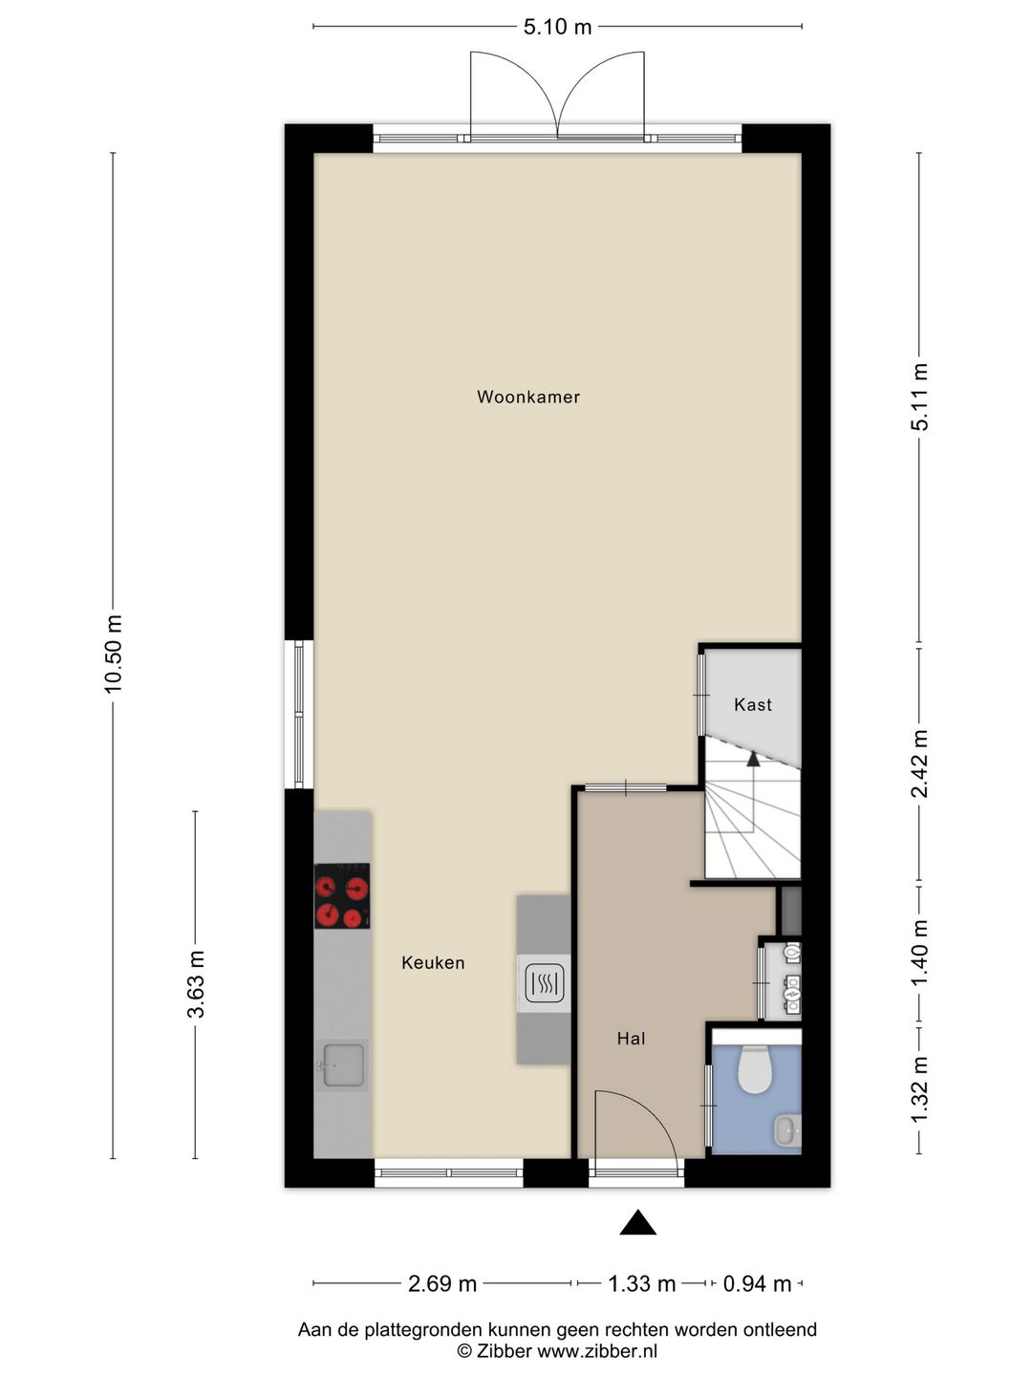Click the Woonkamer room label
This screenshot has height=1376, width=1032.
tap(528, 397)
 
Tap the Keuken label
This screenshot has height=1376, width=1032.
tap(433, 963)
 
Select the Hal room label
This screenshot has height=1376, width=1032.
tap(631, 1039)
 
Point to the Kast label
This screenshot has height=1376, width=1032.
tap(752, 704)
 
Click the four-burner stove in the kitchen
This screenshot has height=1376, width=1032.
tap(342, 896)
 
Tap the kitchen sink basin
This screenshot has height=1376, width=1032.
tap(342, 1064)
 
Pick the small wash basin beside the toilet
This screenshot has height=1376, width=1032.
tap(786, 1130)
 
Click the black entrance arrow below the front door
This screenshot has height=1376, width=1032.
tap(637, 1223)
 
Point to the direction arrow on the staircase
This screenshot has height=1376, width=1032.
tap(753, 760)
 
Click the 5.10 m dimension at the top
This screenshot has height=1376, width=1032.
tap(557, 27)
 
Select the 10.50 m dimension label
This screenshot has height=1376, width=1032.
tap(114, 654)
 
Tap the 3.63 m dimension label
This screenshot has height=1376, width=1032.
tap(195, 984)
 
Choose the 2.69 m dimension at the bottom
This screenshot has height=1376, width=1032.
tap(442, 1283)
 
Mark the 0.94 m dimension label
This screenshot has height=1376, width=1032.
tap(757, 1283)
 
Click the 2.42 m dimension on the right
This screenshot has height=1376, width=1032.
tap(919, 763)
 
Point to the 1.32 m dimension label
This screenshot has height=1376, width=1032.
tap(919, 1090)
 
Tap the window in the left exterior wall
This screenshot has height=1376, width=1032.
tap(299, 714)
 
